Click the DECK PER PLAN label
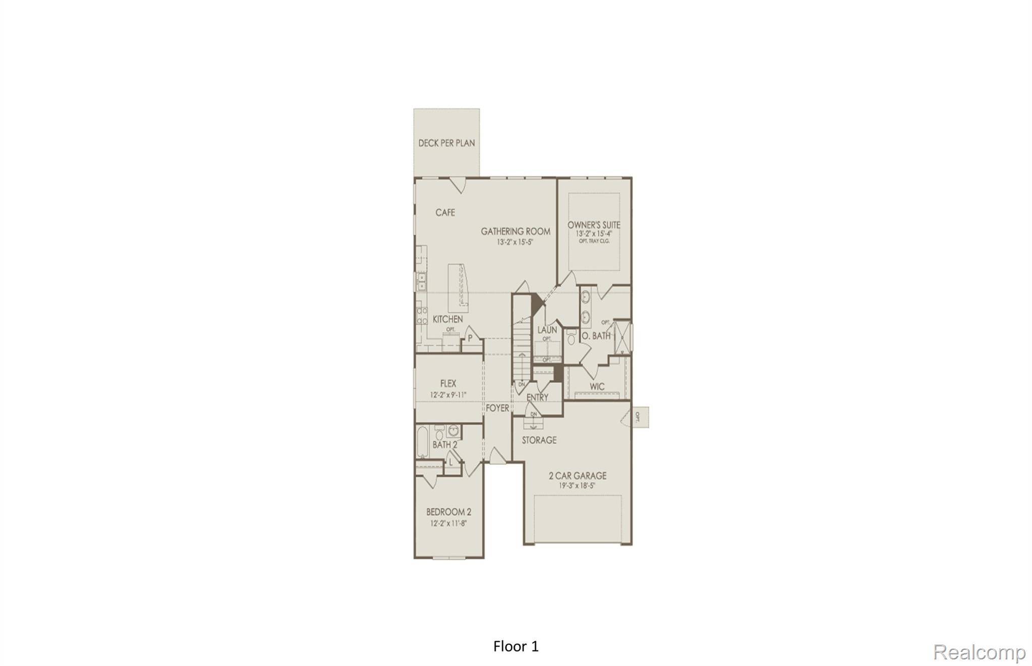[446, 143]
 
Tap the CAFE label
[445, 213]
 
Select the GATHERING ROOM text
[515, 231]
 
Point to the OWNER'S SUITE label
[594, 225]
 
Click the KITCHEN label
[447, 319]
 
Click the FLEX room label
[448, 384]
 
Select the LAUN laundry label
[547, 330]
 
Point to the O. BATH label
[596, 336]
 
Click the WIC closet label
[597, 387]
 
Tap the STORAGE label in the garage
[539, 440]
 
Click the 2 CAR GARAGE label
[577, 475]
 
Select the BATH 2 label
[444, 445]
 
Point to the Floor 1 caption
[516, 646]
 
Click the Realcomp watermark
[979, 652]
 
